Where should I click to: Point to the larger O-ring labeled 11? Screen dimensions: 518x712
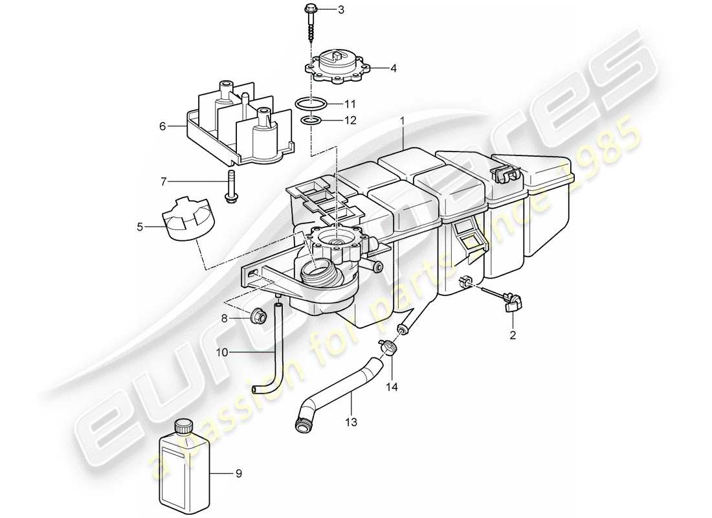[310, 103]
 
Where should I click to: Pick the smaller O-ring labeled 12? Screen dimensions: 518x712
[311, 120]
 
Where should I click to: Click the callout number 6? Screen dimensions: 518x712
[162, 126]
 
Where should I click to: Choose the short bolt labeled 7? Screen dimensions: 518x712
[230, 186]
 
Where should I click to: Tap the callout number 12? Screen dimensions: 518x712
[350, 120]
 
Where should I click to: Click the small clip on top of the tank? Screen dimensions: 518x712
[506, 173]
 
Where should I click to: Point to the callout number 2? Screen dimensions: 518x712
[513, 335]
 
